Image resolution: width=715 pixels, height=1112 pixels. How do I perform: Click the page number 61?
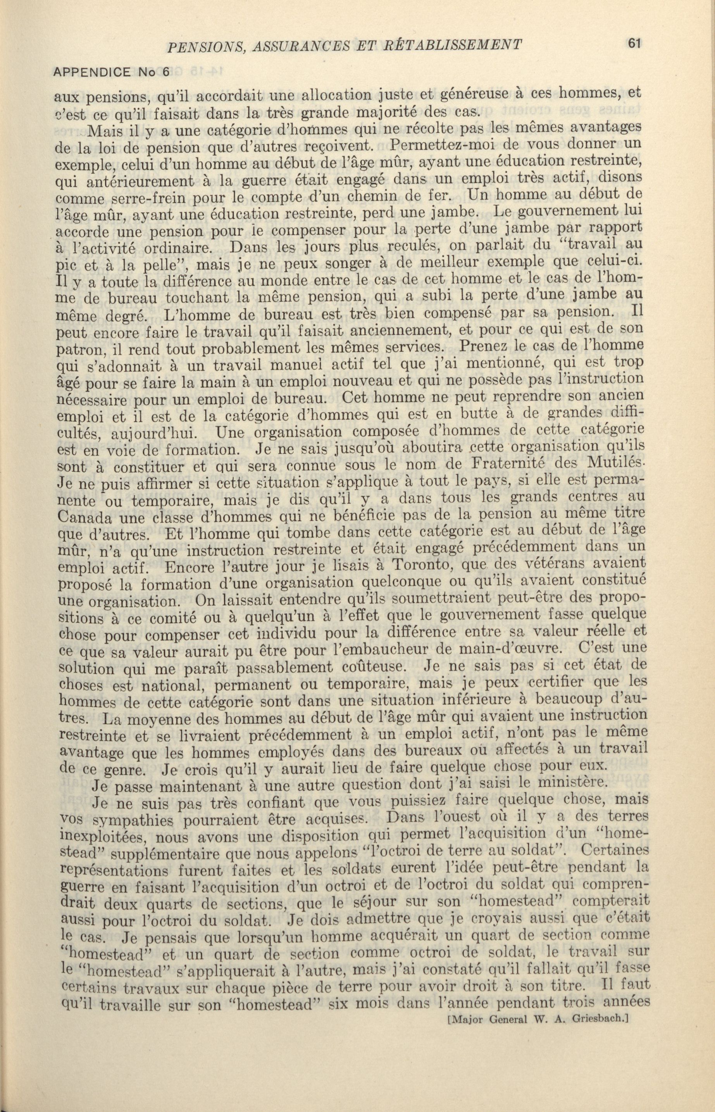point(633,43)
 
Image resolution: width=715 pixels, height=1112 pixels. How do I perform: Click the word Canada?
point(84,516)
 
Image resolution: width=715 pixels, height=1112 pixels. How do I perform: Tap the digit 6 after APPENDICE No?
point(166,72)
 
